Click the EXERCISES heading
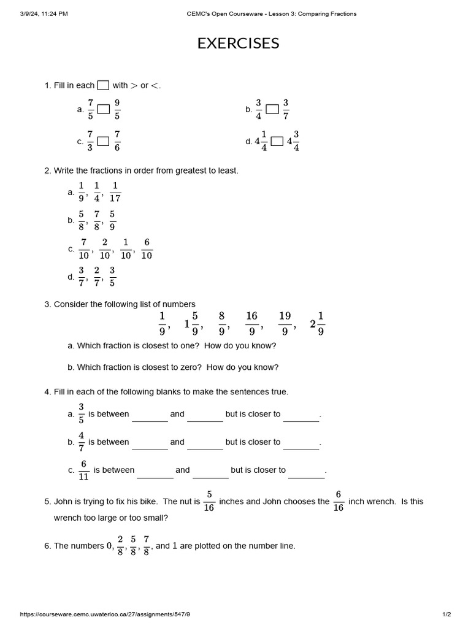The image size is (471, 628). coord(238,44)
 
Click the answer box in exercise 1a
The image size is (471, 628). coord(104,109)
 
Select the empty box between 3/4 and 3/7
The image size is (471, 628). coord(272,109)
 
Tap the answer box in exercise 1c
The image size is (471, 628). coord(104,141)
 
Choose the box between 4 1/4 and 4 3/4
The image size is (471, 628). coord(277,141)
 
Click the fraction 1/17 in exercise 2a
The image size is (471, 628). coord(115,192)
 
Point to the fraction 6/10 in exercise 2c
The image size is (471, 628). coord(147,249)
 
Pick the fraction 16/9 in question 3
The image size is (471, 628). coord(252,323)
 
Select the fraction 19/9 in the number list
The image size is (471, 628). coord(285,323)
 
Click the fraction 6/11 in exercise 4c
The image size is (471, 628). coord(84,470)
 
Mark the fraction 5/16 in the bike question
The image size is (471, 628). coord(209,502)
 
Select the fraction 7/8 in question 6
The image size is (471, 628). coord(147,545)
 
